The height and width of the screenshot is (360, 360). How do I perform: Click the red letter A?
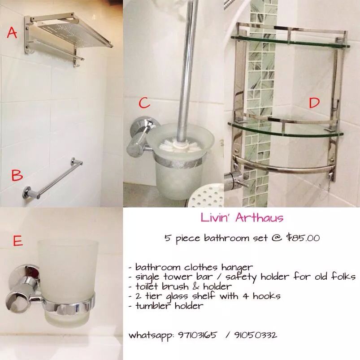click(12, 32)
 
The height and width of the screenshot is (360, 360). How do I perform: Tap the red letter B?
click(17, 175)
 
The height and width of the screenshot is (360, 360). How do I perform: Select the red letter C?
click(144, 103)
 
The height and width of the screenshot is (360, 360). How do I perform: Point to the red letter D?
click(314, 102)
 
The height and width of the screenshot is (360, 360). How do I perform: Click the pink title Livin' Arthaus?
click(242, 217)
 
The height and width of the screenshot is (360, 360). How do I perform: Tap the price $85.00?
click(303, 238)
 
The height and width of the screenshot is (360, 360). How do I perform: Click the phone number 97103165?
click(197, 335)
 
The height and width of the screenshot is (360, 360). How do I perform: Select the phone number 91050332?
click(256, 335)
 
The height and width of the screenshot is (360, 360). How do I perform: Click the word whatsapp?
click(151, 336)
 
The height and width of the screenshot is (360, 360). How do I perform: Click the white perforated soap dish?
click(205, 196)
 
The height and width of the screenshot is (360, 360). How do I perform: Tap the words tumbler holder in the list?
click(169, 306)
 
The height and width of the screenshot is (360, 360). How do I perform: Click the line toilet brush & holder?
click(183, 286)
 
